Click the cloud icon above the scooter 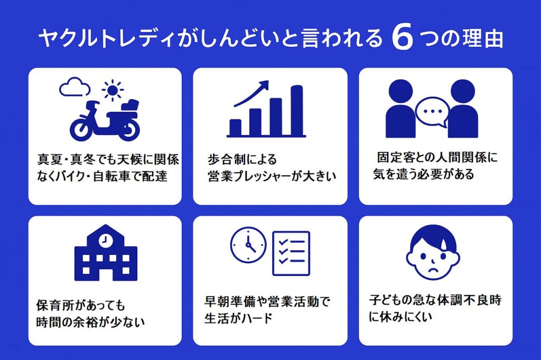pos(74,87)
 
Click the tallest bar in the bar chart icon pos(297,110)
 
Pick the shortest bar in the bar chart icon pos(236,128)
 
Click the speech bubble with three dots pos(432,112)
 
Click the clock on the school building pos(105,239)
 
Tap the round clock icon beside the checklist pos(248,245)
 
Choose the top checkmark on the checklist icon pos(284,242)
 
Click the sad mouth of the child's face pos(433,269)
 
